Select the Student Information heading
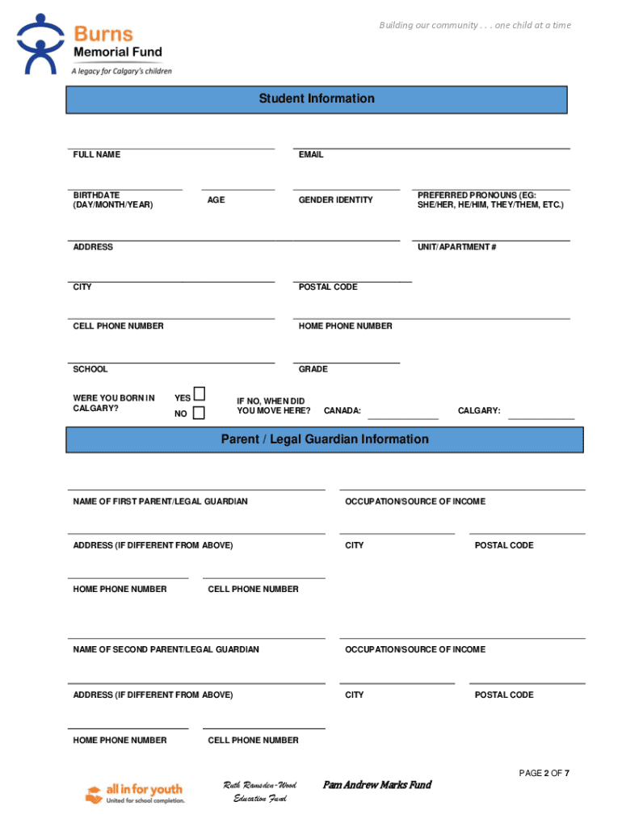click(317, 99)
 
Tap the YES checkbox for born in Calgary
click(199, 394)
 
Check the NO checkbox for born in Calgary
click(199, 413)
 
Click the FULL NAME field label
click(96, 154)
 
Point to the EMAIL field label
click(310, 154)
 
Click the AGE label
click(216, 199)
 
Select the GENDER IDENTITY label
click(335, 199)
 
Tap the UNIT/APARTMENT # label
click(456, 247)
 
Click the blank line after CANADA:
click(403, 417)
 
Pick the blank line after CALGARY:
click(540, 417)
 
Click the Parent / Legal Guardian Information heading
click(325, 439)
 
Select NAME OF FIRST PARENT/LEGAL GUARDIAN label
click(160, 502)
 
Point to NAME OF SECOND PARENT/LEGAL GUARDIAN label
click(166, 649)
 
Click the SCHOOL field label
click(90, 369)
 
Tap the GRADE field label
click(313, 369)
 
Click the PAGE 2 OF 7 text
click(544, 773)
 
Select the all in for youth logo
click(134, 793)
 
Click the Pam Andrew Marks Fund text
click(377, 785)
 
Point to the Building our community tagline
click(475, 25)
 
